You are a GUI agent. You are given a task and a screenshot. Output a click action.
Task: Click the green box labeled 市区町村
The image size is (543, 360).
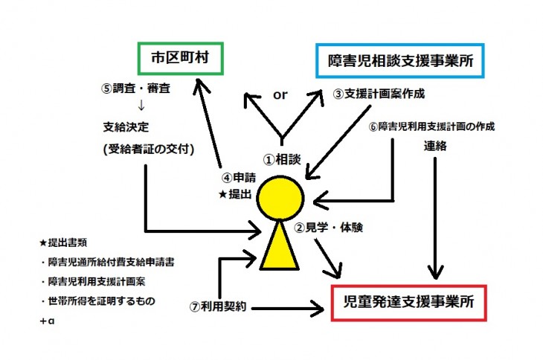tap(180, 57)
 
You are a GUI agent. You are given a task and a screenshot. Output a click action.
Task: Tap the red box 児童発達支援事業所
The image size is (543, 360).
tap(410, 304)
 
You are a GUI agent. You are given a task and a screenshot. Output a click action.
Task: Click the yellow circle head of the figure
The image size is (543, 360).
tap(282, 199)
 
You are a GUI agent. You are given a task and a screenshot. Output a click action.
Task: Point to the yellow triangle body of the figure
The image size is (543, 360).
tap(282, 248)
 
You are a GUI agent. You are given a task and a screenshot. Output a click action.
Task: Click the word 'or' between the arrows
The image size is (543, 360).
tap(280, 95)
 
